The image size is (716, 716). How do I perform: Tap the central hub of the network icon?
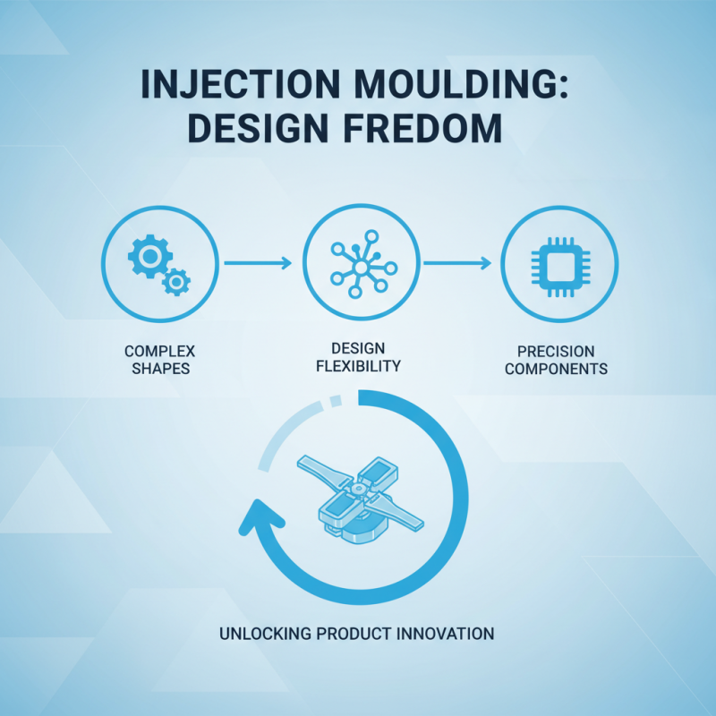pos(358,267)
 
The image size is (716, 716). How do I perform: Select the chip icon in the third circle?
pos(556,263)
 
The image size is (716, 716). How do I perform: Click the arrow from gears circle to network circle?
pos(258,263)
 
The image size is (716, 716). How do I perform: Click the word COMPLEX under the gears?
pos(161,351)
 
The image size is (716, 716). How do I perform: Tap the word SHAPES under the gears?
pos(161,367)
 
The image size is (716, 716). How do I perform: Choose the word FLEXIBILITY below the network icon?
pos(359,365)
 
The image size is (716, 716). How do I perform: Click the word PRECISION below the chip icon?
pos(556,351)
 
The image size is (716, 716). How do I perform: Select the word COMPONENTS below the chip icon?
pos(556,368)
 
